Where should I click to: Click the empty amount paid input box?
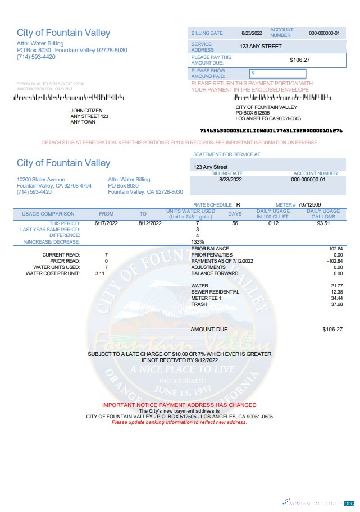(278, 74)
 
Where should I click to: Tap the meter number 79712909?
(309, 205)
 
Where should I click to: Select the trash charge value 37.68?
(337, 304)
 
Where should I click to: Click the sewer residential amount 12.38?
(337, 292)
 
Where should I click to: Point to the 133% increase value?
(197, 242)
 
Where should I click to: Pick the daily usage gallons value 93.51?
(323, 223)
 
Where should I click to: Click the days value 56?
(235, 223)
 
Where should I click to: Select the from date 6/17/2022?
(106, 223)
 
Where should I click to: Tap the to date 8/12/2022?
(150, 223)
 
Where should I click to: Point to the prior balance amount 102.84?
(335, 249)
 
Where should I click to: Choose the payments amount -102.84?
(335, 261)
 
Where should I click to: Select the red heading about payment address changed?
(179, 405)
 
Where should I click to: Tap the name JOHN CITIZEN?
(85, 111)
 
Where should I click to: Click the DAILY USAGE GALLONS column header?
(323, 214)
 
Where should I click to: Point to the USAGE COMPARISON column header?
(48, 214)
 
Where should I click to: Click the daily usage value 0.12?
(274, 223)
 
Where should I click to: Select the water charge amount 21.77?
(337, 286)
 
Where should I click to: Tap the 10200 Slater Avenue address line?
(41, 180)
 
